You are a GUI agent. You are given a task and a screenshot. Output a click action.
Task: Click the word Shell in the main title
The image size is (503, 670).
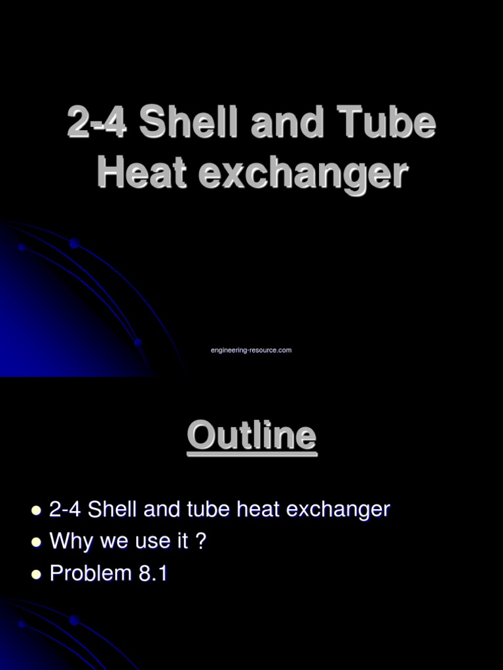(188, 123)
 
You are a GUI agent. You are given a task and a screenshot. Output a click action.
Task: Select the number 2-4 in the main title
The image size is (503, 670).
(98, 123)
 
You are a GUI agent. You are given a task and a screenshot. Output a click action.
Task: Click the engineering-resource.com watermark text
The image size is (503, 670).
(251, 351)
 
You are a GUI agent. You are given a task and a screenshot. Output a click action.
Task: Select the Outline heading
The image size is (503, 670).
(251, 436)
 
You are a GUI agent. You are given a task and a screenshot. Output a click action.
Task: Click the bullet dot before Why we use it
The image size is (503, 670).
(36, 542)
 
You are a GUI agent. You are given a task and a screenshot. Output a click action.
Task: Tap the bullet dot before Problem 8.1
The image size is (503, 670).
(36, 574)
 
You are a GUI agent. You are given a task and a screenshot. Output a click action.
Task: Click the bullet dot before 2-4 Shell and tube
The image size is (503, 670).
(36, 510)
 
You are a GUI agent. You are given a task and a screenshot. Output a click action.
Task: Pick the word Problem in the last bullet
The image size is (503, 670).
(82, 574)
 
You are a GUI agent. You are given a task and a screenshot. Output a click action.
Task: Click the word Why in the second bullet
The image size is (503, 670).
(69, 542)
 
